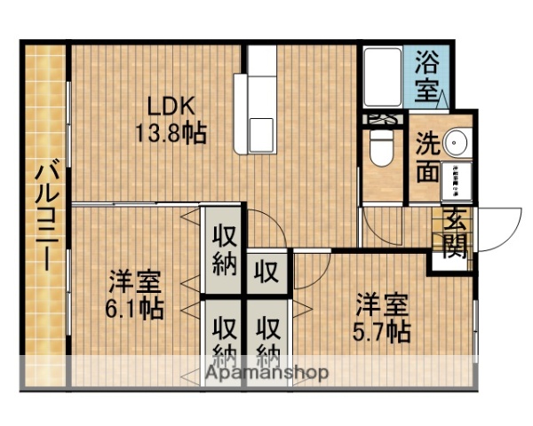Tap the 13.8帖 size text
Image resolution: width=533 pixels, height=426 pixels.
(x=171, y=134)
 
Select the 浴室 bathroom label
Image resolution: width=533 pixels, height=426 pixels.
(x=428, y=75)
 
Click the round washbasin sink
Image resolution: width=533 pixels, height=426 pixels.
(x=457, y=142)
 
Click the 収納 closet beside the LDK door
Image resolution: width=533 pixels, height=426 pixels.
(x=222, y=250)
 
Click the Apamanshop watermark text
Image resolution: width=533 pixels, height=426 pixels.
(x=266, y=373)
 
